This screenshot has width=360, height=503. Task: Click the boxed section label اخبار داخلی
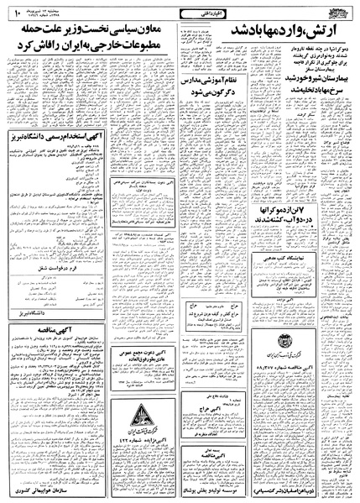point(179,12)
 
